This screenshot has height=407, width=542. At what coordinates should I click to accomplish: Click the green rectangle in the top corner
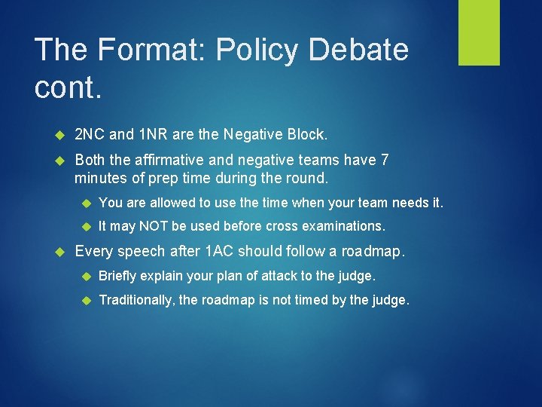[479, 32]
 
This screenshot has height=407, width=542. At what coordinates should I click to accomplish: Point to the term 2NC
[90, 135]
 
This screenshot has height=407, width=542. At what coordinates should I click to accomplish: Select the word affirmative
[166, 160]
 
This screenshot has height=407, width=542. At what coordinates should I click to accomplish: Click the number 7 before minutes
[384, 160]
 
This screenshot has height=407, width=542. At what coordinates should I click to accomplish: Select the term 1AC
[220, 252]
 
